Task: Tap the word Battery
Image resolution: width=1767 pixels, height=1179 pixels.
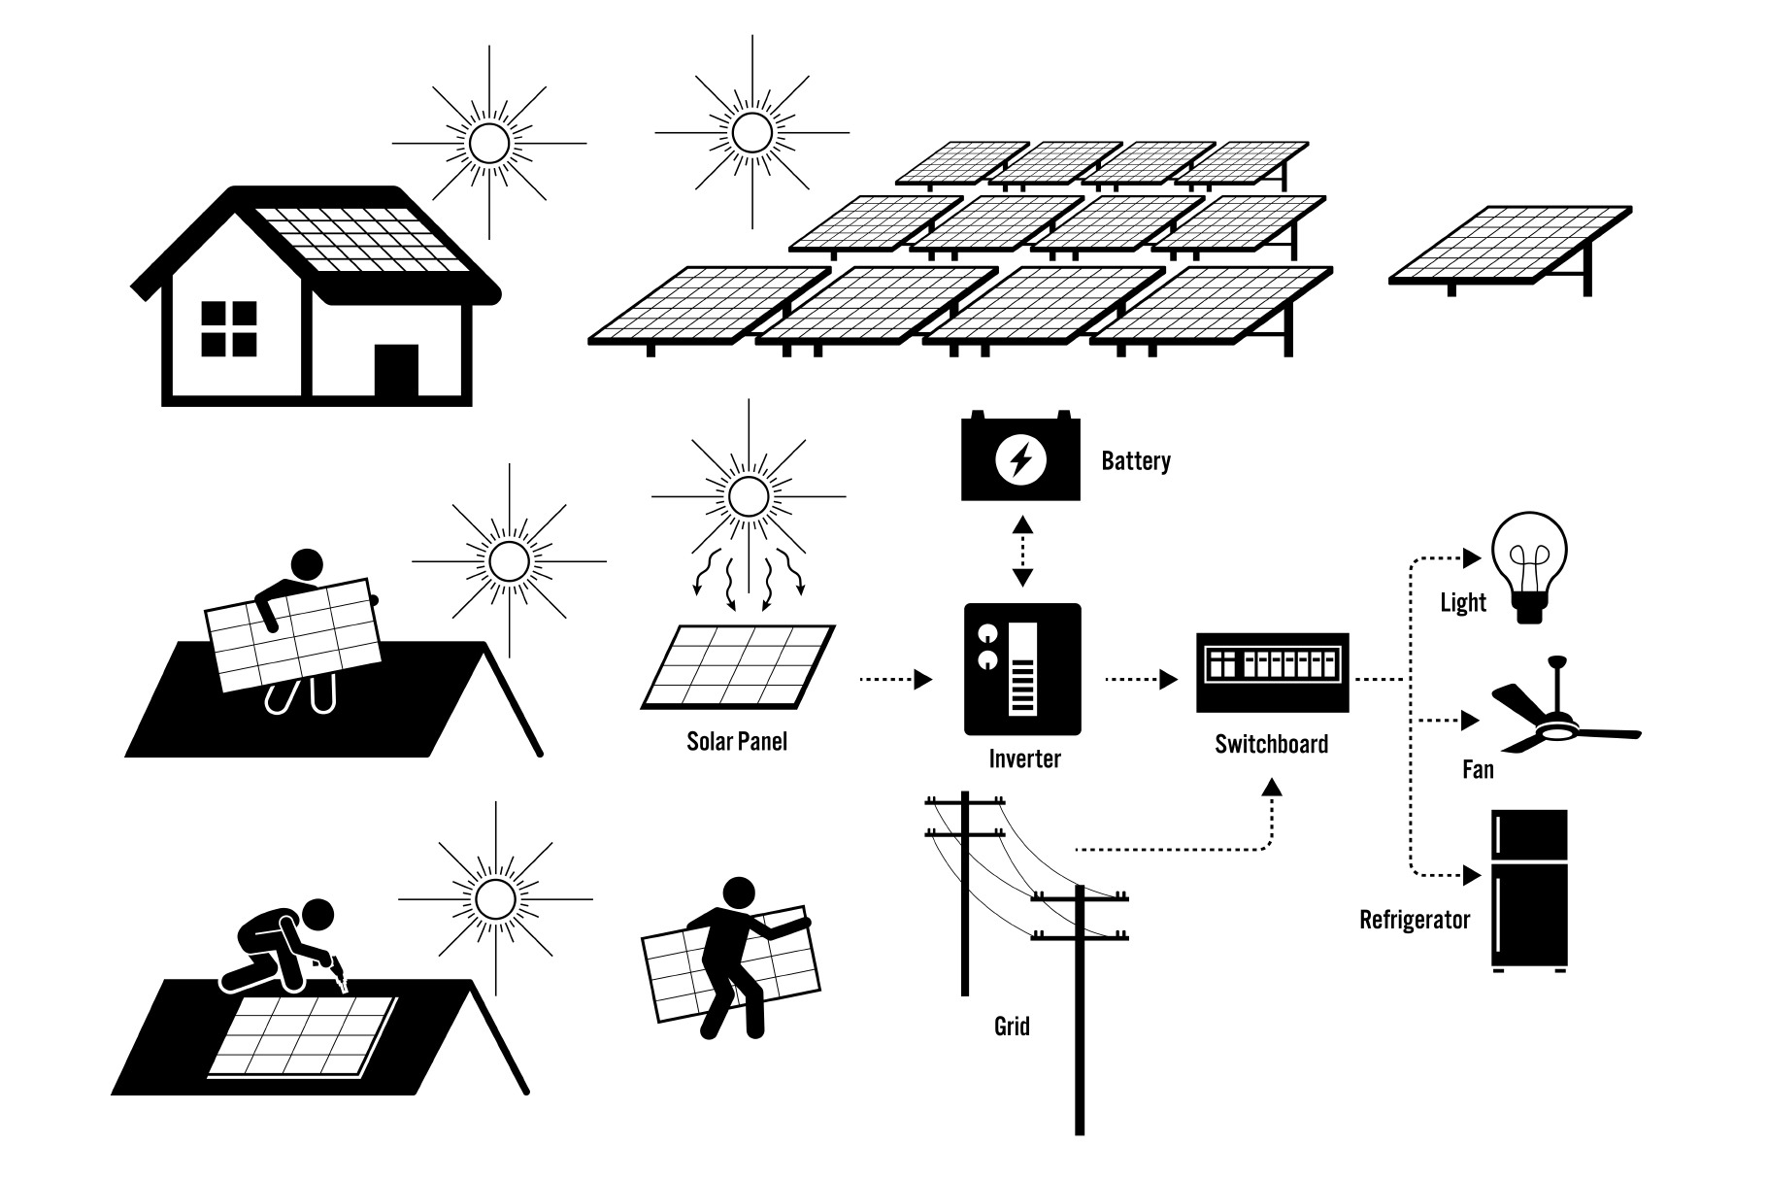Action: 1135,460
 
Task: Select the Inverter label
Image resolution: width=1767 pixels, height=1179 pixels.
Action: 1024,758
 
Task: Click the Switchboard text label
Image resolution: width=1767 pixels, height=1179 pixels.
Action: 1271,745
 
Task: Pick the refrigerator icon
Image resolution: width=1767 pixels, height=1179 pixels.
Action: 1529,891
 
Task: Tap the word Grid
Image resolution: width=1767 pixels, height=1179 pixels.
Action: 1012,1026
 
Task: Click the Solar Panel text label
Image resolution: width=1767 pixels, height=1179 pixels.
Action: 737,742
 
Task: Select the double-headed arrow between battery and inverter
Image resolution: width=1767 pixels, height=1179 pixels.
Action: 1021,552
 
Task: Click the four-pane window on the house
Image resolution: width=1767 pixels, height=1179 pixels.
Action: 229,328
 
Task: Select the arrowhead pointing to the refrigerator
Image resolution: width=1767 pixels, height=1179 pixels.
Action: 1472,876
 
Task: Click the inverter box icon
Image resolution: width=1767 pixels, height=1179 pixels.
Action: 1021,669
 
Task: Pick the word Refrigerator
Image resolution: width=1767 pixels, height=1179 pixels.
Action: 1415,920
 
